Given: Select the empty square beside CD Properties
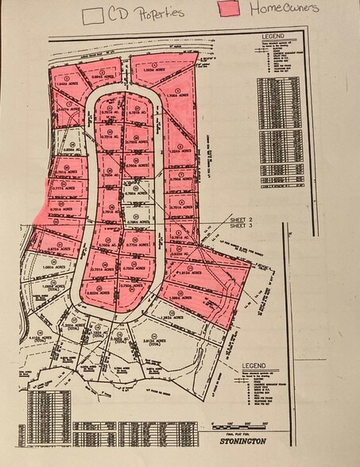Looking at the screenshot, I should (93, 14).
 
